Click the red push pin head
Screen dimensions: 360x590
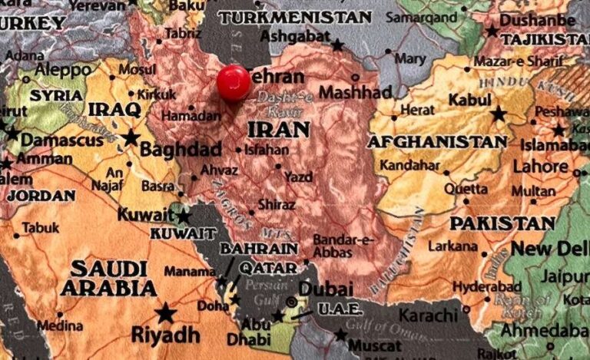pos(234,83)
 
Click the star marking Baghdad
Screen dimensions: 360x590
pos(131,137)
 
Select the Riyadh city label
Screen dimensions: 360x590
pos(166,335)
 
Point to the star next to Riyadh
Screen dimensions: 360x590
pos(164,312)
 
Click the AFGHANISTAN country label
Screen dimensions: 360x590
pos(437,141)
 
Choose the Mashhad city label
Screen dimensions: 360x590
pos(355,92)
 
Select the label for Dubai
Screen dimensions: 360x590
pos(326,289)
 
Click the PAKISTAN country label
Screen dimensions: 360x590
pos(502,223)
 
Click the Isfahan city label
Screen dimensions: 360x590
pos(268,150)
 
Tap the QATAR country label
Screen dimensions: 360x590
pos(267,268)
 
